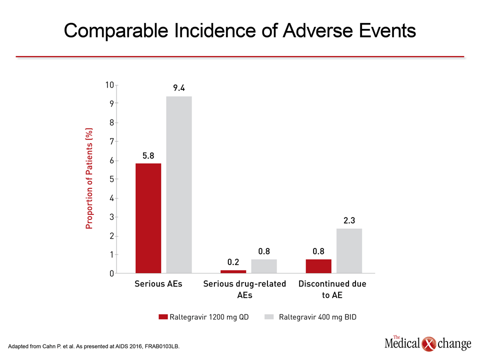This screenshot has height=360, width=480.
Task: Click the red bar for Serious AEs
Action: [x=148, y=218]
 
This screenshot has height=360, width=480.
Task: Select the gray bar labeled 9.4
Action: [x=179, y=184]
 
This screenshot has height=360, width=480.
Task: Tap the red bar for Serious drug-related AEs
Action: [x=233, y=271]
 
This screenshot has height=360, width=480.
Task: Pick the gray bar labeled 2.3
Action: [x=349, y=250]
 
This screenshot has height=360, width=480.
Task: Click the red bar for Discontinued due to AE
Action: [x=318, y=266]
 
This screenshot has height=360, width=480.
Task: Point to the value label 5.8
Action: [x=148, y=156]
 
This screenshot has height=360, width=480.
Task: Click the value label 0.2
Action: [x=233, y=262]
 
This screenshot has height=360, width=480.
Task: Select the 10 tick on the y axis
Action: [x=109, y=85]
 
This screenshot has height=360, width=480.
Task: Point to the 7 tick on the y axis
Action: [x=111, y=141]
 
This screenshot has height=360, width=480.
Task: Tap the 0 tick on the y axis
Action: [x=111, y=273]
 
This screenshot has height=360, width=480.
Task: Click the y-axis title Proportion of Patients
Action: [x=89, y=178]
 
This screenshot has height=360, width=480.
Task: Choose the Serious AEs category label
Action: [x=158, y=284]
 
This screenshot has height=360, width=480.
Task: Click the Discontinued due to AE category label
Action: [x=332, y=289]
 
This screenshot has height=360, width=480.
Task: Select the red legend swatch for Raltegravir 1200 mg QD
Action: [x=163, y=317]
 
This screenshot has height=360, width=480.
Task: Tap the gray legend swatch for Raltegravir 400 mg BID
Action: [x=269, y=317]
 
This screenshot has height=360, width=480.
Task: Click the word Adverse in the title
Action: [x=318, y=30]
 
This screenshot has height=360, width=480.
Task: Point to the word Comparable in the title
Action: [x=116, y=31]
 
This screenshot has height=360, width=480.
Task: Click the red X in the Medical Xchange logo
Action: [x=429, y=344]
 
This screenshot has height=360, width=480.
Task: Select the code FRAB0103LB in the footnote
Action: [x=162, y=346]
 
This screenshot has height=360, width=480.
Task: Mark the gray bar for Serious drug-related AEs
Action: [x=264, y=266]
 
